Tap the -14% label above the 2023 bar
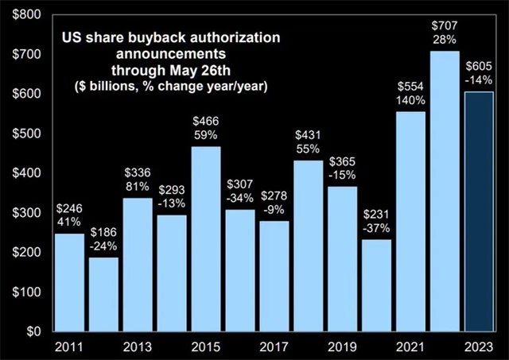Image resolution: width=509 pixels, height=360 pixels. tap(479, 80)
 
